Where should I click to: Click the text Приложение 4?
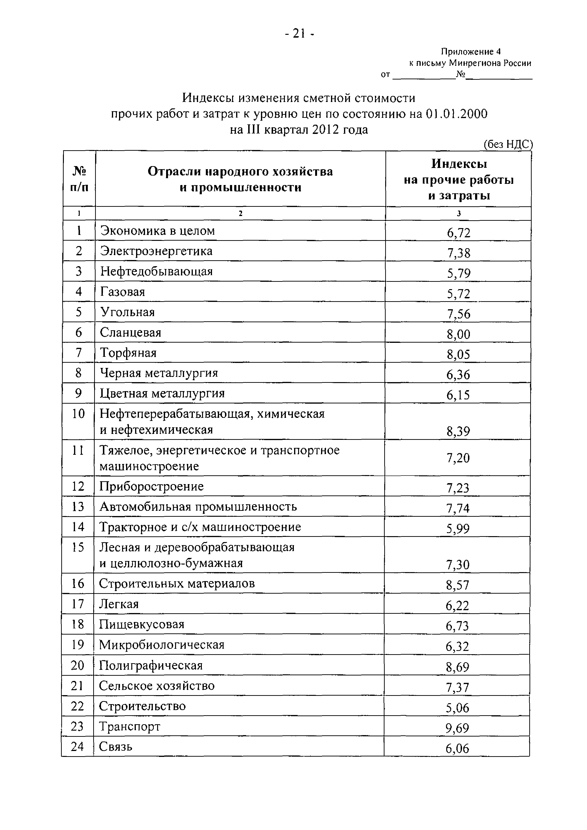(x=470, y=52)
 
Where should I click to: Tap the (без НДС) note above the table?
(x=508, y=144)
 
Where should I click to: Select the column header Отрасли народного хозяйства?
(x=240, y=171)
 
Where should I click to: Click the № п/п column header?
(x=79, y=179)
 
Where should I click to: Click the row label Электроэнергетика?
(x=156, y=251)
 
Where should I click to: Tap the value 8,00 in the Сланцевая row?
(x=458, y=334)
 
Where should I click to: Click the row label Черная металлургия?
(x=159, y=373)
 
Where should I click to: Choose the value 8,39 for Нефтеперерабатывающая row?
(x=458, y=431)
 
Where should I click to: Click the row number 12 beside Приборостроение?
(x=78, y=486)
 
